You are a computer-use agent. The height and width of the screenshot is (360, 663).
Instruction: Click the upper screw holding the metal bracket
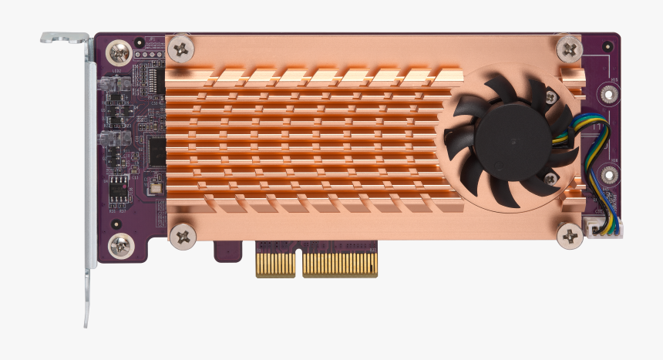click(121, 53)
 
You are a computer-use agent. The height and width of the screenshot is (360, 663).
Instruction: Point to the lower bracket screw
click(121, 247)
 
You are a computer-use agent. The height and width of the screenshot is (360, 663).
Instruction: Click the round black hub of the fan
click(510, 142)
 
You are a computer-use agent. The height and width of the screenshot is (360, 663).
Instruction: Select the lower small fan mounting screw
click(550, 179)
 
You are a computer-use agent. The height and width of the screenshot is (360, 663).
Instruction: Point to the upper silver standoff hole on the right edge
click(609, 95)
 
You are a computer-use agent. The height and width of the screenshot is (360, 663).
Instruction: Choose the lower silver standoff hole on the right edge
click(609, 177)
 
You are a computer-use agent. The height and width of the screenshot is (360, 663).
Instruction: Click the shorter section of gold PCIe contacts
click(275, 264)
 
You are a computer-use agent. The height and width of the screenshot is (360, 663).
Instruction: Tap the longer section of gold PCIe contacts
click(340, 264)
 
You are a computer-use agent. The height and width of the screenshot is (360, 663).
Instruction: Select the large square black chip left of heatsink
click(156, 151)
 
